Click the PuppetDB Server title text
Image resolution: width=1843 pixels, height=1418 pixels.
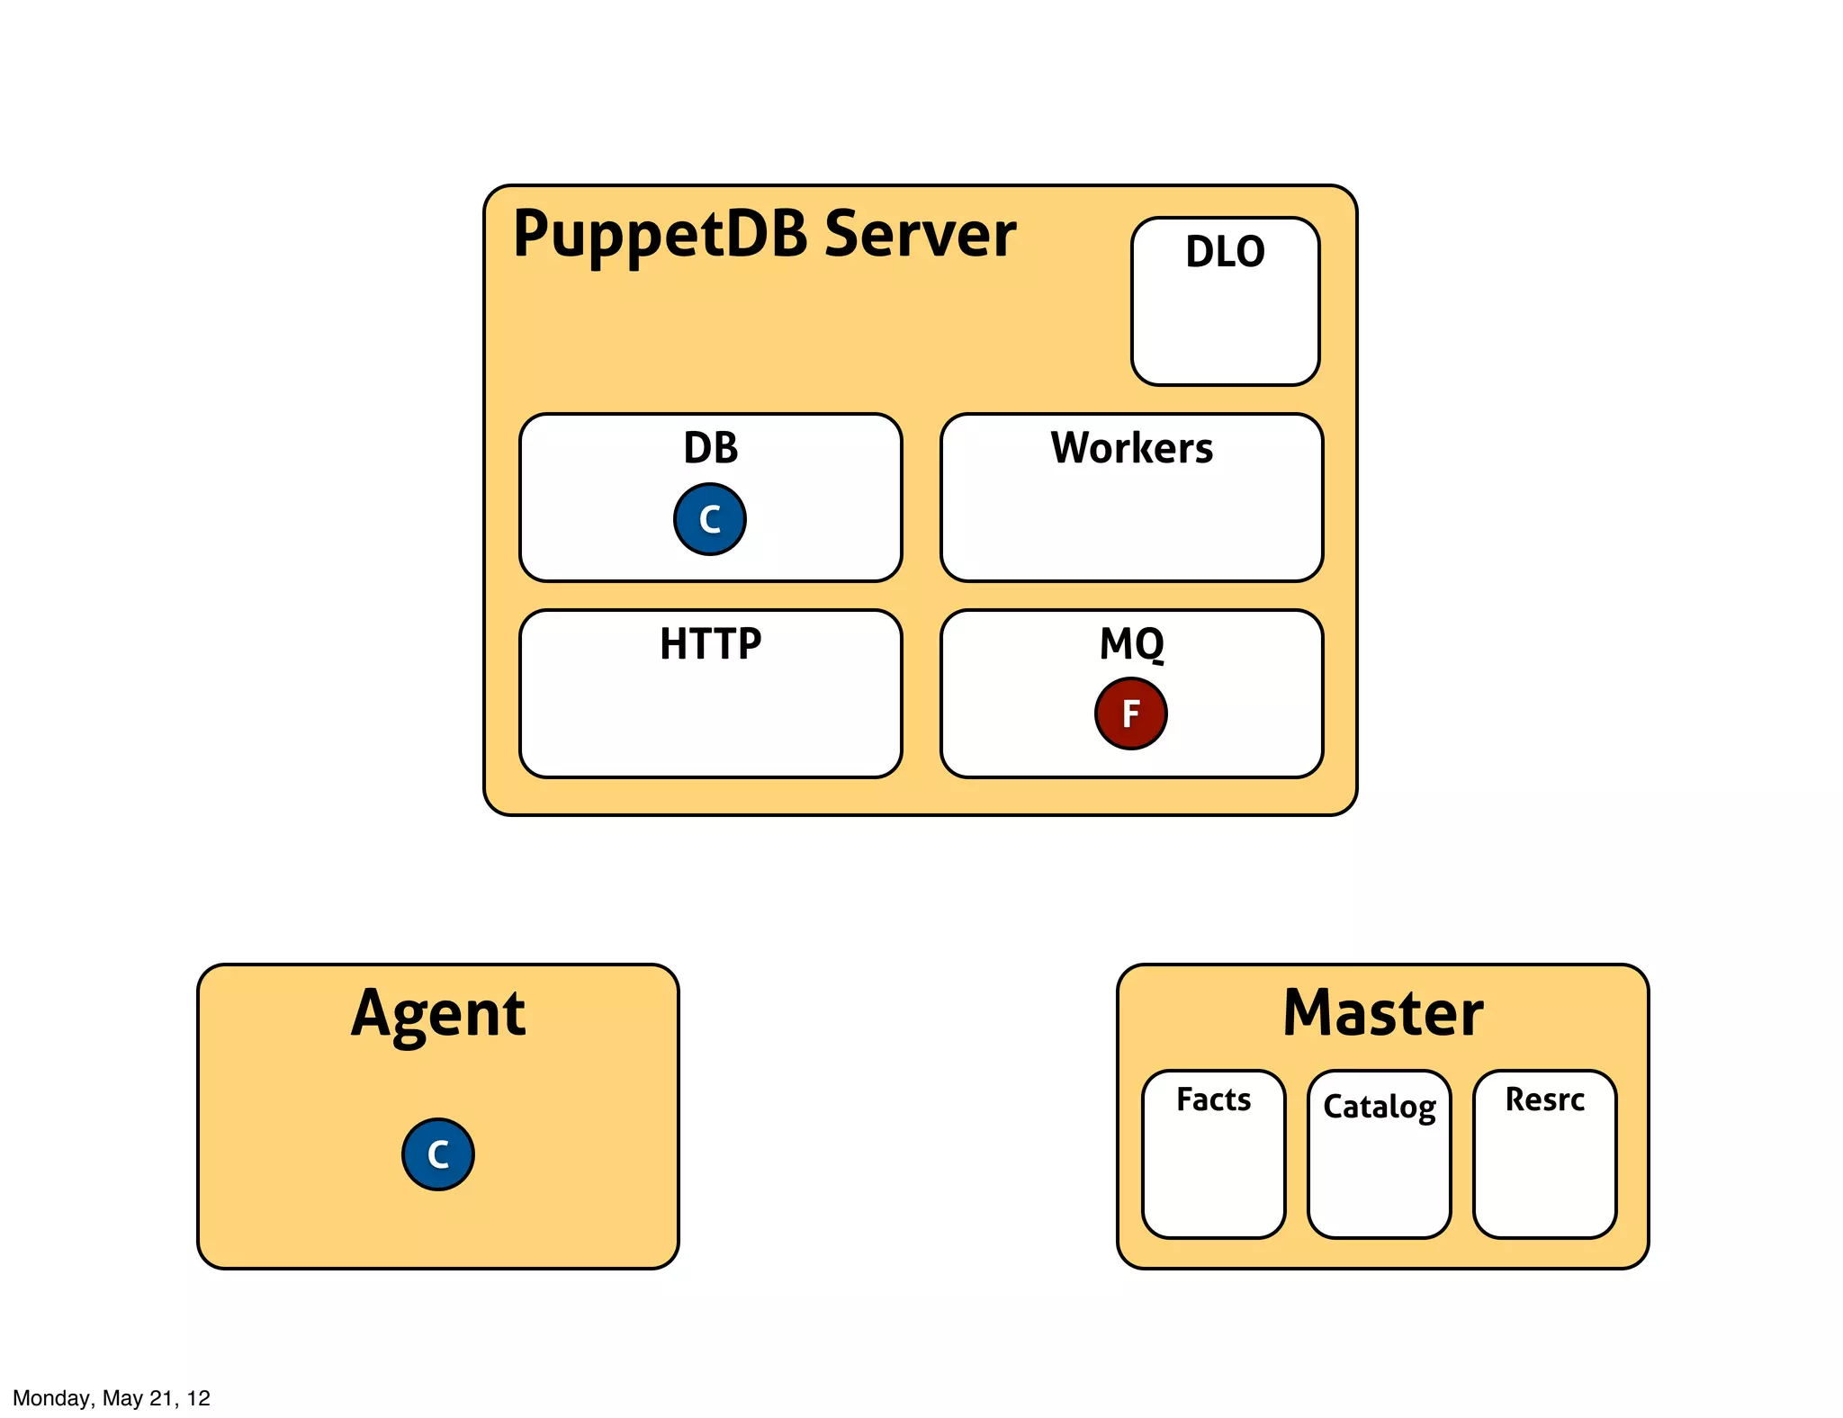pos(764,234)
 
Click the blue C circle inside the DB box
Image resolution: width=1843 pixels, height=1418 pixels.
pos(710,519)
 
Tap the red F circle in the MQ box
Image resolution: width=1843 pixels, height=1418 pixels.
pos(1131,713)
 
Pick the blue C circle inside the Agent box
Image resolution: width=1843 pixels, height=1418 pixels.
pos(438,1154)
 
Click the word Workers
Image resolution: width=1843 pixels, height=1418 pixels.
pos(1132,448)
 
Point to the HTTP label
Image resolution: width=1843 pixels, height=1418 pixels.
pos(710,644)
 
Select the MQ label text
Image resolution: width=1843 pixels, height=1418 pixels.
pos(1132,644)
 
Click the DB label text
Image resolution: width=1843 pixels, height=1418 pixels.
pos(710,448)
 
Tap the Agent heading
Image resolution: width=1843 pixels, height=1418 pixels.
pos(438,1014)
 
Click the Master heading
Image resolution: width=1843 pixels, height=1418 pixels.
pos(1383,1014)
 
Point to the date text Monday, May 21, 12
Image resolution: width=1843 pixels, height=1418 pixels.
pos(112,1397)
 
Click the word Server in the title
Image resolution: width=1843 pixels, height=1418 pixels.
pos(920,234)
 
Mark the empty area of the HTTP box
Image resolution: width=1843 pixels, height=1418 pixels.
pos(710,720)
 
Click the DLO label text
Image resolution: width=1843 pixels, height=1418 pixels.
pos(1225,252)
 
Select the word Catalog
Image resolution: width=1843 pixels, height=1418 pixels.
pos(1379,1107)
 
